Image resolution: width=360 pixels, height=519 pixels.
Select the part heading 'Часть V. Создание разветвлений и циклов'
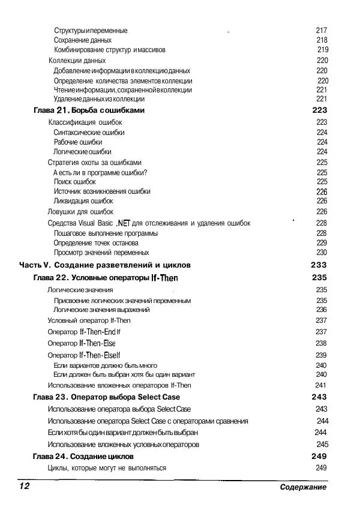point(104,265)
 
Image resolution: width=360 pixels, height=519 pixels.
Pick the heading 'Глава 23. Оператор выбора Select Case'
point(106,397)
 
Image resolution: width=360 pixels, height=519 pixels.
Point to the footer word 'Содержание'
point(303,487)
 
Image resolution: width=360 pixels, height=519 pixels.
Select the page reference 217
point(321,30)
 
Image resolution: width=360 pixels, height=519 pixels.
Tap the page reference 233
point(319,265)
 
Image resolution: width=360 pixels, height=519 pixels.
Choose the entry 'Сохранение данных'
point(83,40)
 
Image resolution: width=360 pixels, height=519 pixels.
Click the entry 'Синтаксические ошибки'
point(89,133)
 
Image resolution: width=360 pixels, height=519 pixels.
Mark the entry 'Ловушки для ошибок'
point(80,212)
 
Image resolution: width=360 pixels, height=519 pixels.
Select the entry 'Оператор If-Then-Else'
point(82,343)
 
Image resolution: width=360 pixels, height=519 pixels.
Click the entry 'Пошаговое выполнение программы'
point(106,233)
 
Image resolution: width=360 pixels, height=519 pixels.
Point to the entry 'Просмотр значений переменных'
point(101,253)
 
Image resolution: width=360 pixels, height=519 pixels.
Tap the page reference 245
point(322,445)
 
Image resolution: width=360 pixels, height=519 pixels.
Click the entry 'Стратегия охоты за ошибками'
point(95,162)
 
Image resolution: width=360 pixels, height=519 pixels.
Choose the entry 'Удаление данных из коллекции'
point(99,99)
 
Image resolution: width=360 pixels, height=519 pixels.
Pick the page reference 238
point(321,343)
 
